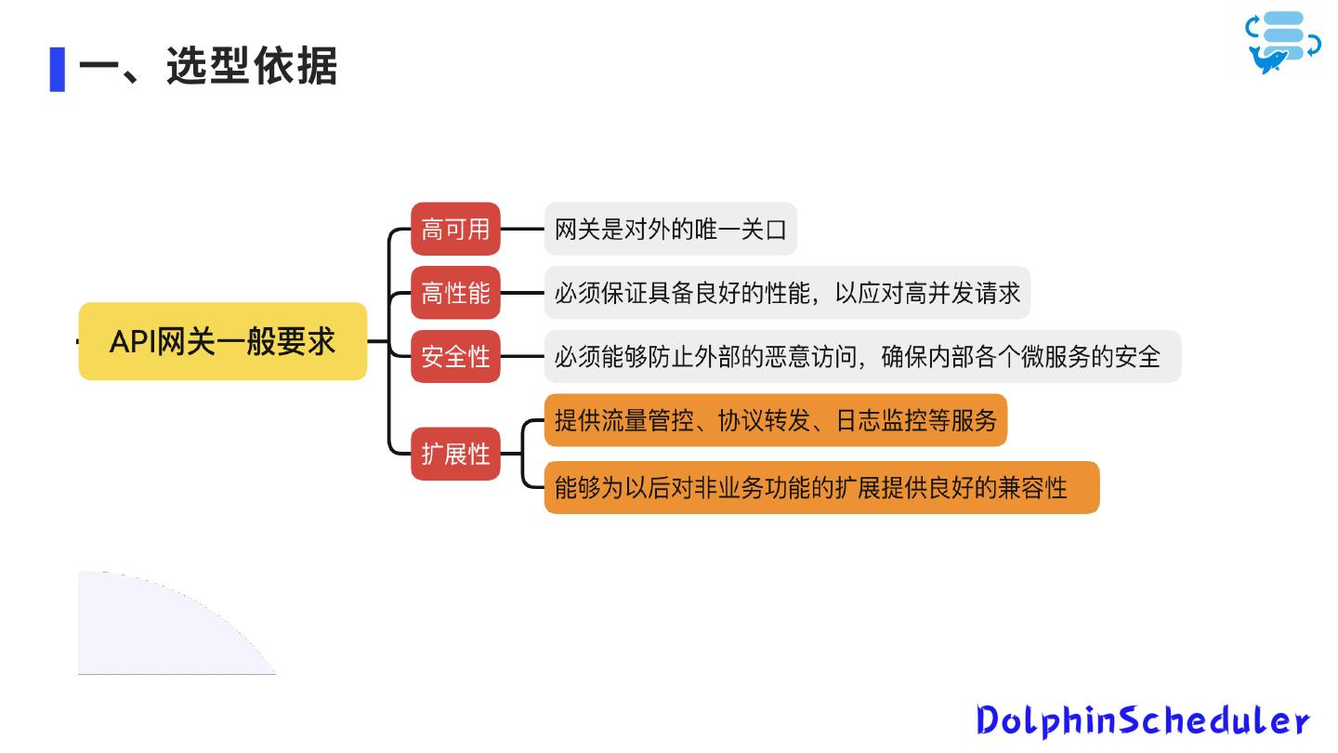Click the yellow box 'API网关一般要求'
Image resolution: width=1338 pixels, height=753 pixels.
[x=223, y=341]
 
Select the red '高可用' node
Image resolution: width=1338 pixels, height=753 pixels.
[x=455, y=229]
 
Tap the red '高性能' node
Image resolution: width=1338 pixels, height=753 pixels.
[x=455, y=293]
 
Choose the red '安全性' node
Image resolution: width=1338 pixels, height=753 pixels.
[x=455, y=356]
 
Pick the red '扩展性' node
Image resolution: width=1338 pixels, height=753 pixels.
[x=455, y=454]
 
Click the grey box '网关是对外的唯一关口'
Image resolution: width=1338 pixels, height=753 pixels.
[x=670, y=229]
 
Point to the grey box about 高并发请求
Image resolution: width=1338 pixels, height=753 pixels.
[x=787, y=293]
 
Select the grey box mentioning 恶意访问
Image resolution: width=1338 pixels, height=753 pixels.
[x=862, y=356]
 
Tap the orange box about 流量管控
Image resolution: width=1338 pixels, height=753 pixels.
[x=775, y=420]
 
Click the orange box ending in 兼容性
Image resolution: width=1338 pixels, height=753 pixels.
[x=821, y=487]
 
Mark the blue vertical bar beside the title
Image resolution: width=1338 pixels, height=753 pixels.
[x=58, y=69]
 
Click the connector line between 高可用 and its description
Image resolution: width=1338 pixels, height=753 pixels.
[x=522, y=229]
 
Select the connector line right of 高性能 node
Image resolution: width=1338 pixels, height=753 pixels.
[x=522, y=293]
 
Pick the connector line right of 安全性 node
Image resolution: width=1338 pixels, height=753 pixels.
[x=522, y=356]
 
